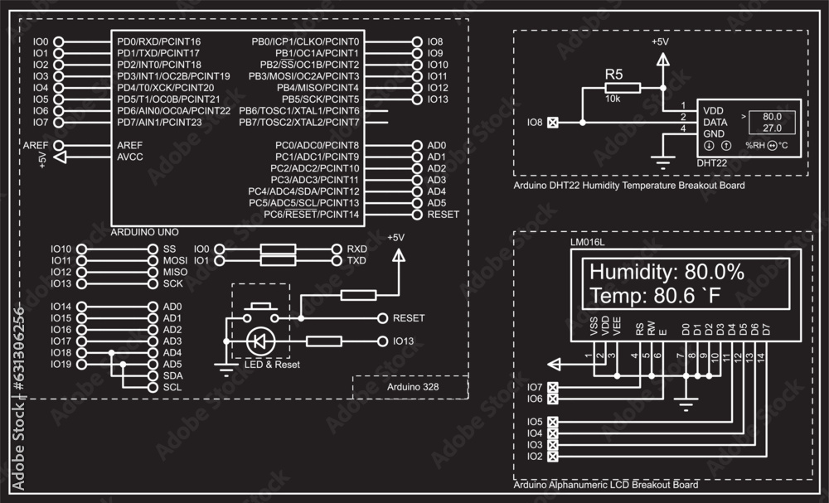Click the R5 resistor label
(x=613, y=75)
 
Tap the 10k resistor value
(x=613, y=99)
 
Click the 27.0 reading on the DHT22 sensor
(x=772, y=128)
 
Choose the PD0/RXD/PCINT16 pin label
(x=158, y=41)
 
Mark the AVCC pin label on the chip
(x=130, y=156)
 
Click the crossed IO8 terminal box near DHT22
(x=554, y=123)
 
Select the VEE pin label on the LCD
(x=616, y=327)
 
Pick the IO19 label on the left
(x=61, y=364)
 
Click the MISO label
(x=175, y=272)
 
